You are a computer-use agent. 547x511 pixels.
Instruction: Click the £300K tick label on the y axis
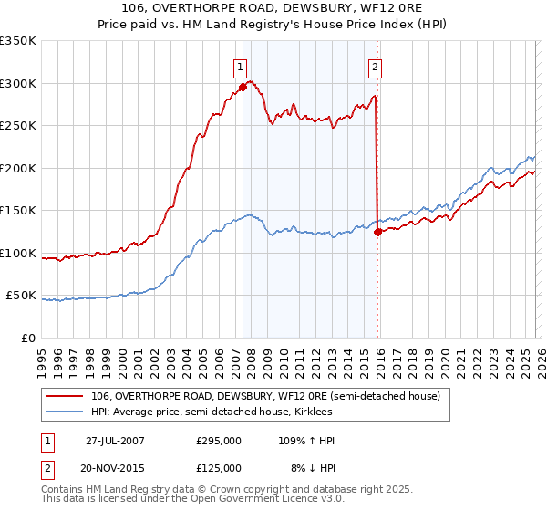(x=18, y=83)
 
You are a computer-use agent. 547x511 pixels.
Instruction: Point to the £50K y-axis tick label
(x=22, y=296)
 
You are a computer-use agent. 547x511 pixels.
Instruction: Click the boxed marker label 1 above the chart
(x=240, y=66)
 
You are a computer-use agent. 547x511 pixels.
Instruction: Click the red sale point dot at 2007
(x=243, y=88)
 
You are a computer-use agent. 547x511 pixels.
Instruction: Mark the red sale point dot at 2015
(x=377, y=232)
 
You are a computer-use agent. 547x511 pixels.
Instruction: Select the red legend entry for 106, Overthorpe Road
(x=265, y=396)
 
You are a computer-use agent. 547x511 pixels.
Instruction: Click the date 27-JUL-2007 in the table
(x=115, y=441)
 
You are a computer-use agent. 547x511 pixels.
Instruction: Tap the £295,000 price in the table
(x=219, y=441)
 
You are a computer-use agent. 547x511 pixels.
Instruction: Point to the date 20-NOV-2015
(x=115, y=467)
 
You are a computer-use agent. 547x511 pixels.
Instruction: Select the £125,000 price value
(x=219, y=467)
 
